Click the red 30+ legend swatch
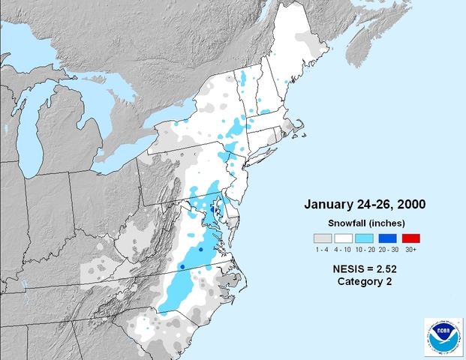click(x=410, y=238)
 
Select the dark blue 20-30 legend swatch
click(x=389, y=238)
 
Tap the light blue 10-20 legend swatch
click(x=366, y=238)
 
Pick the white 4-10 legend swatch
click(x=344, y=238)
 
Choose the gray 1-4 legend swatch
click(x=322, y=238)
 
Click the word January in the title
click(x=329, y=204)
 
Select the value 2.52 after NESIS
click(x=387, y=267)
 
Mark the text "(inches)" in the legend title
click(x=387, y=223)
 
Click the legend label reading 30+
click(x=410, y=249)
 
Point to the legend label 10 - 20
click(x=366, y=249)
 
